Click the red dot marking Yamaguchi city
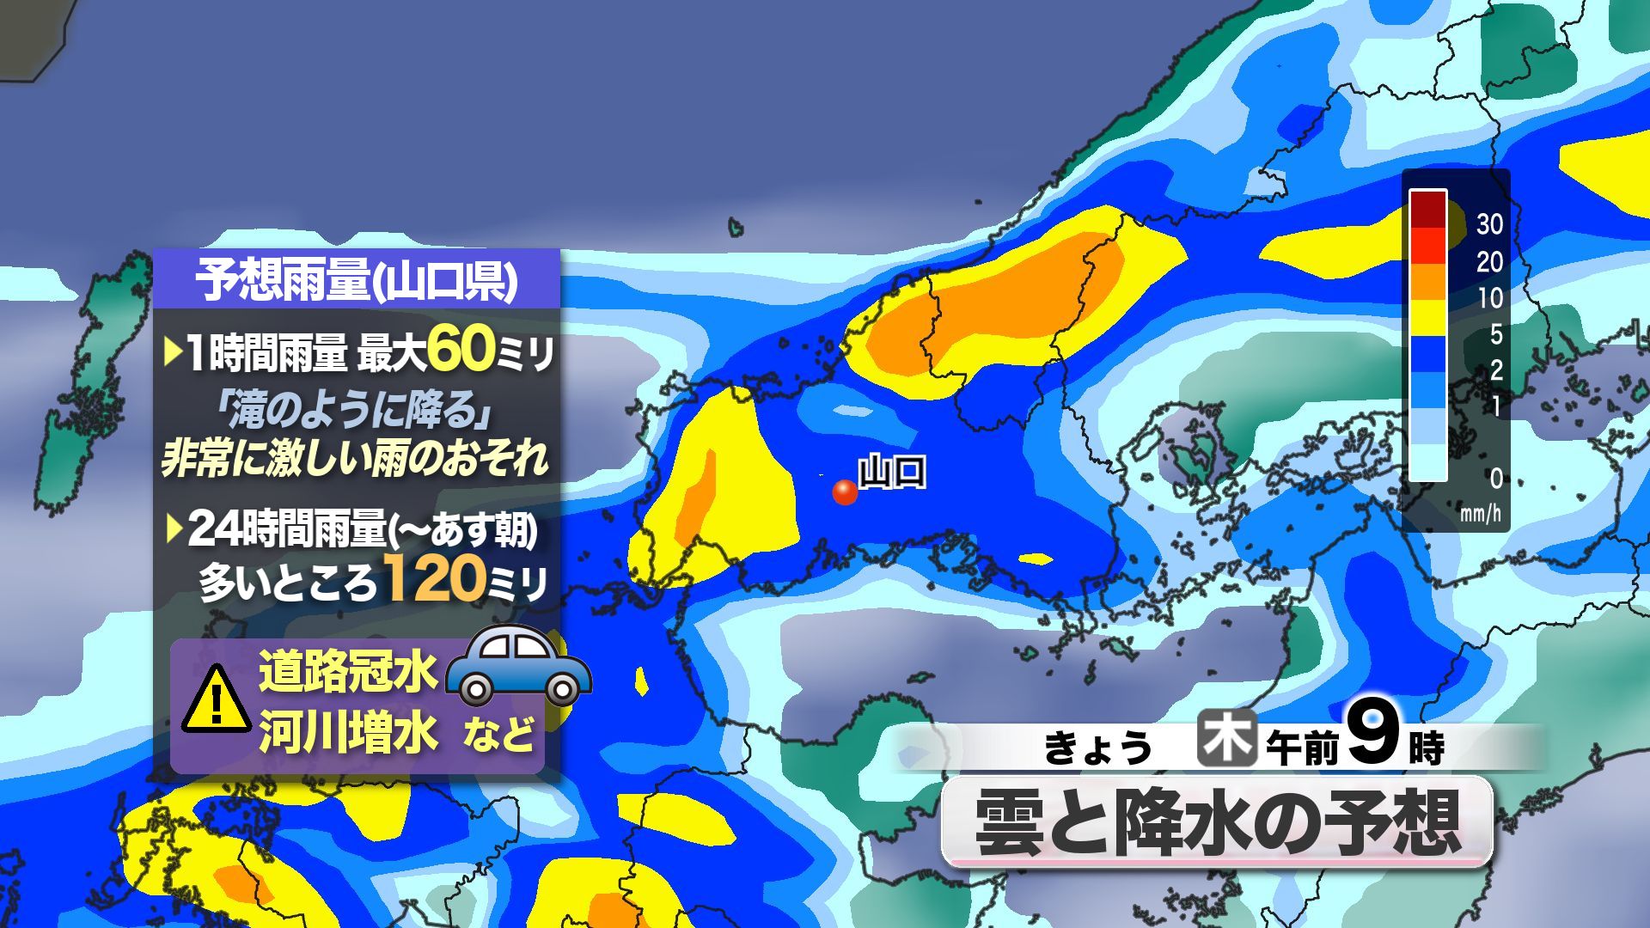[845, 492]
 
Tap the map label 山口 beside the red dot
[892, 472]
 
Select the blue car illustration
[519, 667]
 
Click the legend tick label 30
[1489, 225]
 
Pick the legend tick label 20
[1489, 262]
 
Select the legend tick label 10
[1489, 298]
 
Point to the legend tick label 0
[1495, 478]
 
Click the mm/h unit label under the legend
[1480, 514]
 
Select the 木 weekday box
[1227, 740]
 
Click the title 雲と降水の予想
[1217, 823]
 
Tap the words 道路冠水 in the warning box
[348, 671]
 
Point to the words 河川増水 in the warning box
[348, 735]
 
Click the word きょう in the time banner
[1097, 747]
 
